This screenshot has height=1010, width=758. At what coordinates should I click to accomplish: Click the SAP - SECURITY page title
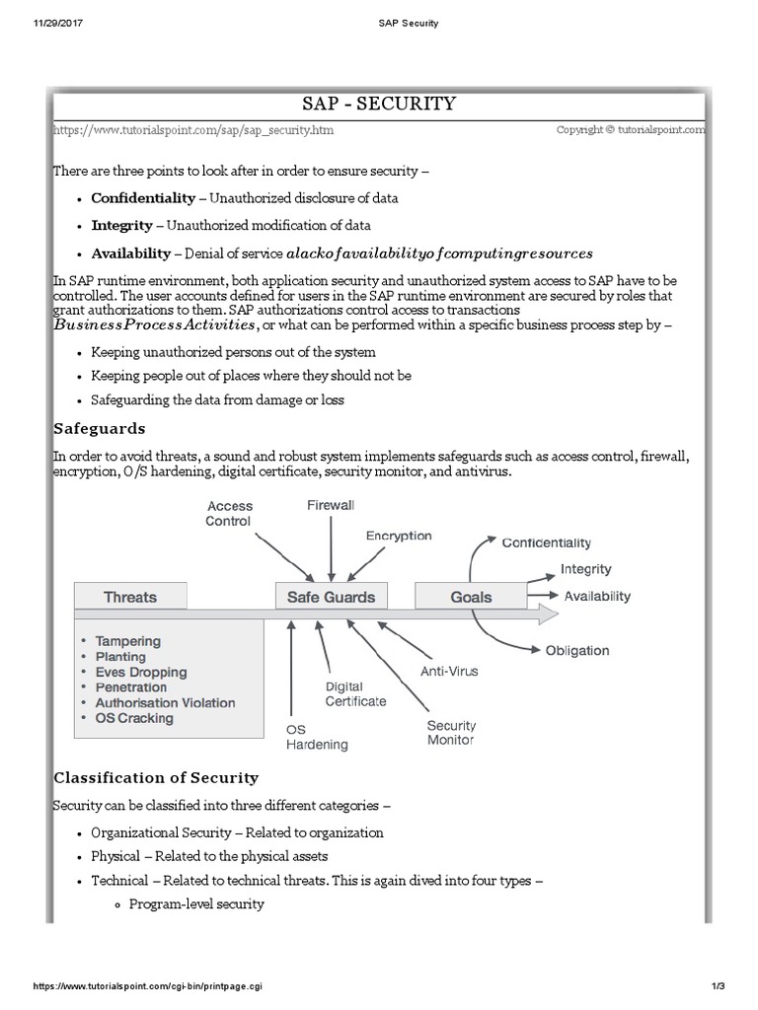pyautogui.click(x=378, y=104)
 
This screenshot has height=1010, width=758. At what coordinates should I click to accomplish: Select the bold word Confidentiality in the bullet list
pyautogui.click(x=143, y=198)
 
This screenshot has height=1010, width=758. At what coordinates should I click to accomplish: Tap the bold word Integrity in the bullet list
pyautogui.click(x=121, y=225)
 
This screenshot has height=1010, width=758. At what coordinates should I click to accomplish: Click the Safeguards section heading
pyautogui.click(x=99, y=429)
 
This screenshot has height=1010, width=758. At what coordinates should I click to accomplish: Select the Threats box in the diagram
pyautogui.click(x=130, y=597)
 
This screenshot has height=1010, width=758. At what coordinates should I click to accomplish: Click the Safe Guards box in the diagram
pyautogui.click(x=331, y=597)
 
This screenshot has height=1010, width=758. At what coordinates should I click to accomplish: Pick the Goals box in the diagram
pyautogui.click(x=471, y=597)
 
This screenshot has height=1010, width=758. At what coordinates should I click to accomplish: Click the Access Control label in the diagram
pyautogui.click(x=229, y=513)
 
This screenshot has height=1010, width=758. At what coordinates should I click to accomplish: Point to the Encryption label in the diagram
pyautogui.click(x=399, y=536)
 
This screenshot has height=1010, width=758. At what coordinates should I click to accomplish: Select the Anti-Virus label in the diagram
pyautogui.click(x=449, y=672)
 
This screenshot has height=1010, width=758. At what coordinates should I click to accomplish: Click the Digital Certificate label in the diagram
pyautogui.click(x=355, y=693)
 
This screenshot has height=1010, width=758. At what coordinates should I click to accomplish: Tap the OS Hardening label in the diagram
pyautogui.click(x=316, y=737)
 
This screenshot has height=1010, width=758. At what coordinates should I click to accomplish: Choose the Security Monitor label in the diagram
pyautogui.click(x=450, y=732)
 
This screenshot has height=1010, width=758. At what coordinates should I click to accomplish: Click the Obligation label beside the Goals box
pyautogui.click(x=577, y=650)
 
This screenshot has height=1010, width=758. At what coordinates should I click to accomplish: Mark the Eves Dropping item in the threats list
pyautogui.click(x=140, y=672)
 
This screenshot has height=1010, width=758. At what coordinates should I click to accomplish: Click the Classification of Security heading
pyautogui.click(x=156, y=777)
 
